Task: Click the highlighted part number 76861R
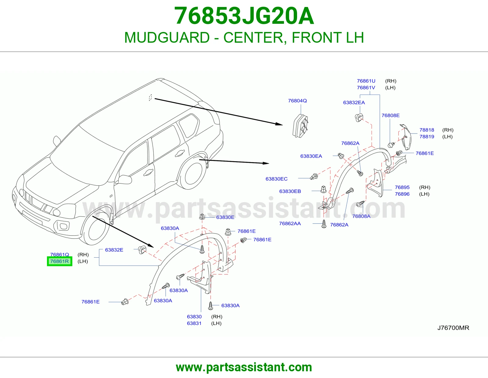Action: click(x=59, y=261)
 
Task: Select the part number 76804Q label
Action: click(x=297, y=101)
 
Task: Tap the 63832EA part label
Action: click(x=354, y=103)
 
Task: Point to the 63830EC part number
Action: click(x=276, y=179)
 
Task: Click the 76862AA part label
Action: click(x=290, y=223)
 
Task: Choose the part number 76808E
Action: click(x=390, y=115)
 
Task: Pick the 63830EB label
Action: click(x=290, y=191)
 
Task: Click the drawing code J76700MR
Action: click(x=453, y=328)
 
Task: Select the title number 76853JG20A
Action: click(x=244, y=16)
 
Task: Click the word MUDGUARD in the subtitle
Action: click(x=167, y=37)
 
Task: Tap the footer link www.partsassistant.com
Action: click(x=244, y=367)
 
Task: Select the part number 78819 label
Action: click(x=427, y=137)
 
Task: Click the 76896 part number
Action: click(x=402, y=194)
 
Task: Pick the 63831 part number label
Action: click(x=194, y=323)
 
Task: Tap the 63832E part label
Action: click(x=114, y=250)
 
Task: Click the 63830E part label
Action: click(x=225, y=217)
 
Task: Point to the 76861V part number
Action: click(x=366, y=87)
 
